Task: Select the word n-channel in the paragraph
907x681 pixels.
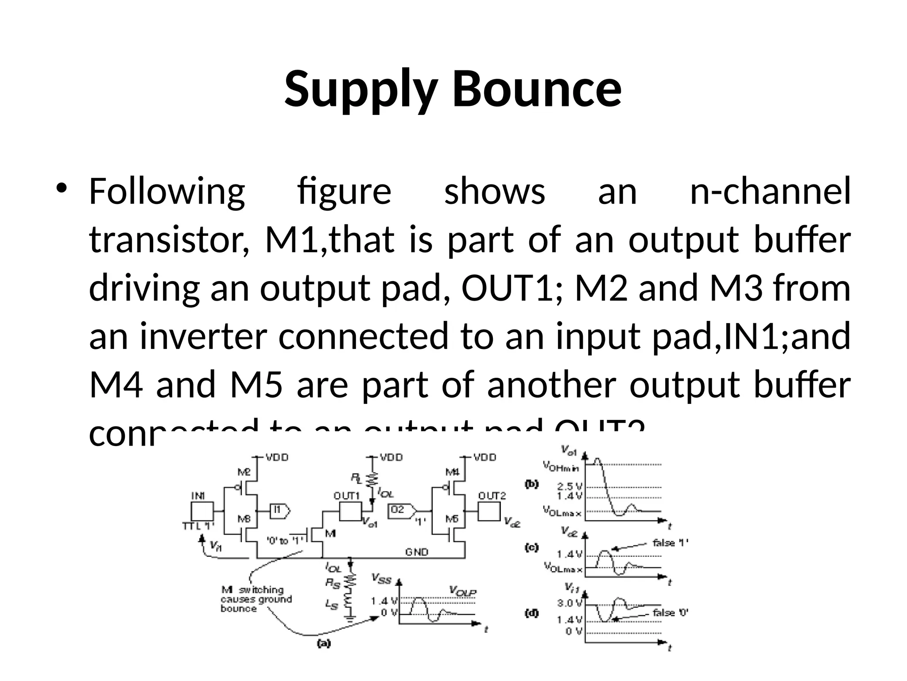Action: pos(770,192)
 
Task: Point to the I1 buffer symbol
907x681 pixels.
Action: pos(279,511)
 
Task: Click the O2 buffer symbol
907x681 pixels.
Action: pos(402,511)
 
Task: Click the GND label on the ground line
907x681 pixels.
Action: pos(416,552)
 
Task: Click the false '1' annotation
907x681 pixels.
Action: pos(670,543)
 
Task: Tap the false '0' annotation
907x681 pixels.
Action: pos(670,613)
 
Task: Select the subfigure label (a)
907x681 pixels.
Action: pos(324,644)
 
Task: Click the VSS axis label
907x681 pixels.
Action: pos(381,578)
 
